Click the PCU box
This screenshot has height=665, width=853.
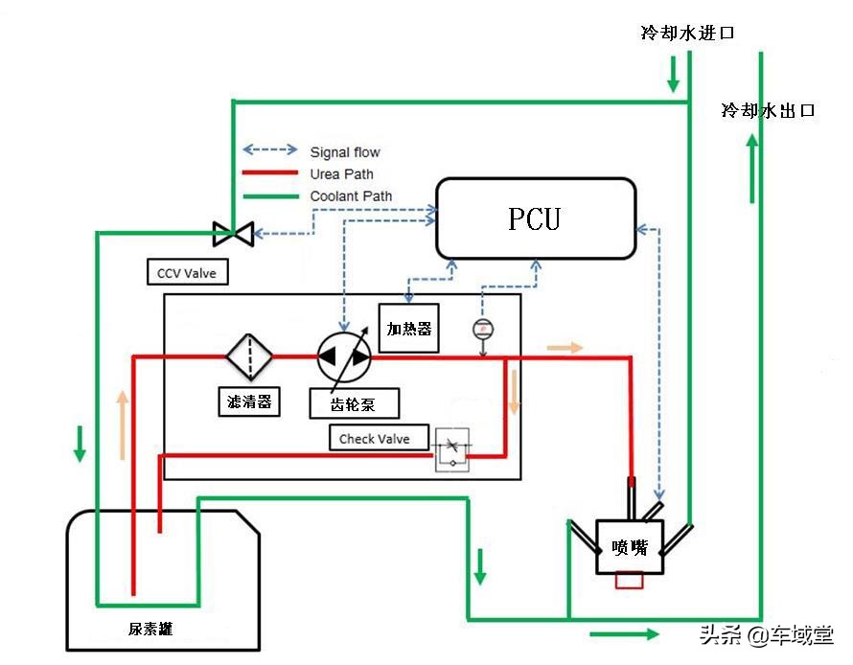click(536, 218)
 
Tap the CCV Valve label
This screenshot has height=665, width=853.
click(187, 273)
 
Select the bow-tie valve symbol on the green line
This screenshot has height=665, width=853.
click(233, 232)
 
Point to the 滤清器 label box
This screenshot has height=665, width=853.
click(248, 401)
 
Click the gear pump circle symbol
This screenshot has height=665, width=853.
click(343, 356)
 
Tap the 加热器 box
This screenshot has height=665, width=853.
click(409, 329)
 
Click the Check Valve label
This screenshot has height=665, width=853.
click(375, 439)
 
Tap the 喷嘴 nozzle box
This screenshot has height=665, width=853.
click(630, 547)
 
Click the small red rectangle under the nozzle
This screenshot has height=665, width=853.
click(630, 581)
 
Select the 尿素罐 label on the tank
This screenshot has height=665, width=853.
click(150, 629)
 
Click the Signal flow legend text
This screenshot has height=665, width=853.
click(345, 151)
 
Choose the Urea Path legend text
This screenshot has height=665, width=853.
click(342, 174)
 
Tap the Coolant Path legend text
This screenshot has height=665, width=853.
click(351, 196)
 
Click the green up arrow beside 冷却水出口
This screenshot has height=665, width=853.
click(751, 168)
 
